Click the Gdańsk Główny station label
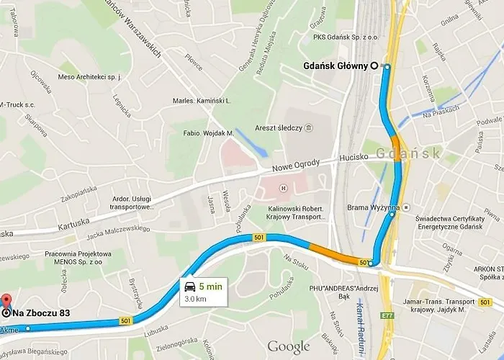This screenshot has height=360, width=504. point(336,66)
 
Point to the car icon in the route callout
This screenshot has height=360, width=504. point(189,284)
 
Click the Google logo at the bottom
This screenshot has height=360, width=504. point(288,347)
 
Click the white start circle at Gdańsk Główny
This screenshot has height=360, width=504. point(374,66)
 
